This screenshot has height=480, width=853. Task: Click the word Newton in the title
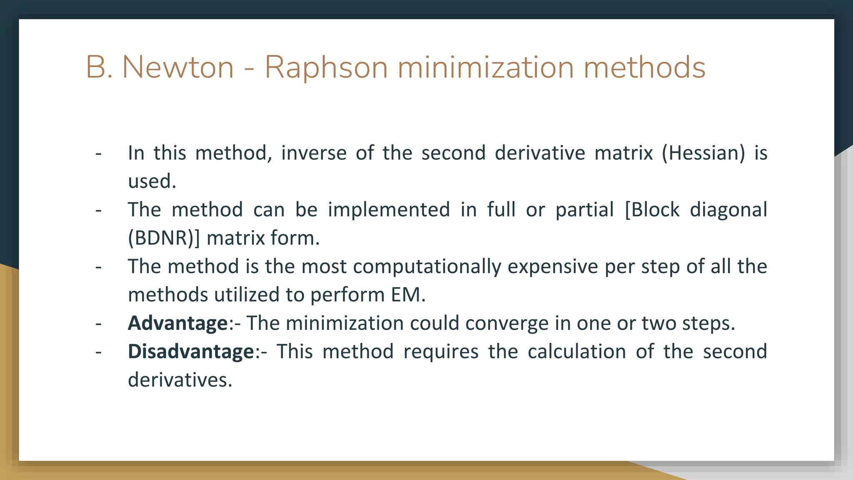[178, 67]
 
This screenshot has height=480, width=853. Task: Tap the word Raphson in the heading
[326, 67]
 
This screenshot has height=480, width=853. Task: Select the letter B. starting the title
[99, 67]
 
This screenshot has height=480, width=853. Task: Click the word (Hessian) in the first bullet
[703, 153]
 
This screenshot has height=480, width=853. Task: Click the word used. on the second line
[152, 182]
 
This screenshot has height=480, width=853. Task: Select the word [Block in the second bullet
[652, 210]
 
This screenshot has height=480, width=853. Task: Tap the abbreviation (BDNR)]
[164, 238]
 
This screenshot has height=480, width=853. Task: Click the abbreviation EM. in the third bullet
[408, 295]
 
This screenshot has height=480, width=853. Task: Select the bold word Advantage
[178, 323]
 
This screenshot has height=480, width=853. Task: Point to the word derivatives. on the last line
[180, 380]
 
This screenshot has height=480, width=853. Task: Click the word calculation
[576, 352]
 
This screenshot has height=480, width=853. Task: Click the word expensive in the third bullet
[553, 267]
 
